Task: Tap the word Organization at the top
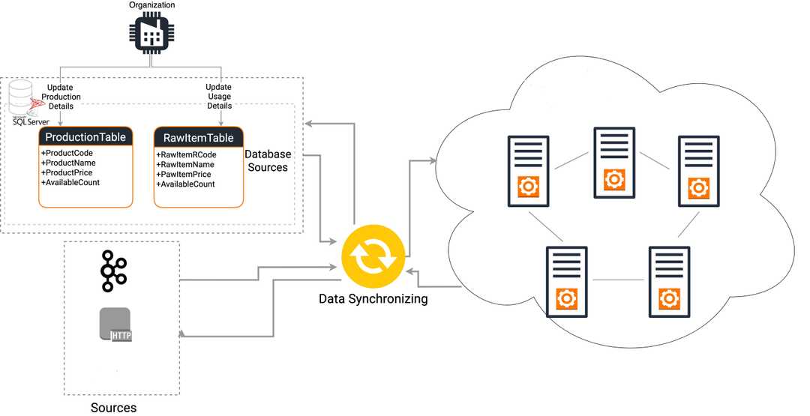tap(151, 5)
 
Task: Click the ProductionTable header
tap(85, 137)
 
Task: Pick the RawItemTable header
tap(199, 138)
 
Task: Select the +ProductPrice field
tap(66, 172)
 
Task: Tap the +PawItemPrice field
tap(185, 174)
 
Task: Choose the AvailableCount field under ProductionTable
tap(70, 182)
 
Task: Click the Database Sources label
tap(268, 160)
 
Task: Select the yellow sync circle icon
tap(373, 255)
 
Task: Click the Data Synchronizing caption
tap(373, 298)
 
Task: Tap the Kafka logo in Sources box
tap(115, 271)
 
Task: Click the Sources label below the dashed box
tap(113, 408)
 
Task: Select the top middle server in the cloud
tap(615, 163)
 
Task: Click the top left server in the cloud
tap(529, 171)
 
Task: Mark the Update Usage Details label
tap(219, 97)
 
